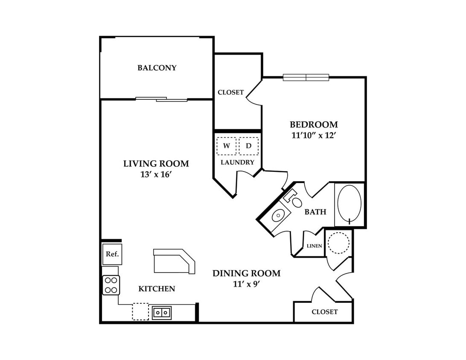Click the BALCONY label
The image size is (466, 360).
pyautogui.click(x=157, y=68)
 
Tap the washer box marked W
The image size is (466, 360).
pyautogui.click(x=227, y=146)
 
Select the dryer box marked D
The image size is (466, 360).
pyautogui.click(x=249, y=146)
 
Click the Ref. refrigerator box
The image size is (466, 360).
pyautogui.click(x=112, y=254)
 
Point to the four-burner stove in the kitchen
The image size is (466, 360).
pyautogui.click(x=111, y=285)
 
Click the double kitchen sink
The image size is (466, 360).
pyautogui.click(x=162, y=313)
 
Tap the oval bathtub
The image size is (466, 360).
pyautogui.click(x=349, y=204)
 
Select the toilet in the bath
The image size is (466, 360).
pyautogui.click(x=294, y=199)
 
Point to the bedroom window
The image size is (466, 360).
pyautogui.click(x=306, y=77)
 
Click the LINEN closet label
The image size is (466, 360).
pyautogui.click(x=314, y=246)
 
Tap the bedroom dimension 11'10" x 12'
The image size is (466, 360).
pyautogui.click(x=314, y=136)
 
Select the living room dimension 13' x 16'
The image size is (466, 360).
pyautogui.click(x=156, y=174)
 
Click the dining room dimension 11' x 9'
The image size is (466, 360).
pyautogui.click(x=247, y=284)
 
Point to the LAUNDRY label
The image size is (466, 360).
pyautogui.click(x=237, y=163)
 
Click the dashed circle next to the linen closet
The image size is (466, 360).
pyautogui.click(x=338, y=243)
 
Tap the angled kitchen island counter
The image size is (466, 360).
pyautogui.click(x=174, y=261)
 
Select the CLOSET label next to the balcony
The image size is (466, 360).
pyautogui.click(x=230, y=93)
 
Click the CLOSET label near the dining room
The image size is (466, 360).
pyautogui.click(x=324, y=312)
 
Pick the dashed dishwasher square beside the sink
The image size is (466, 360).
pyautogui.click(x=140, y=311)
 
